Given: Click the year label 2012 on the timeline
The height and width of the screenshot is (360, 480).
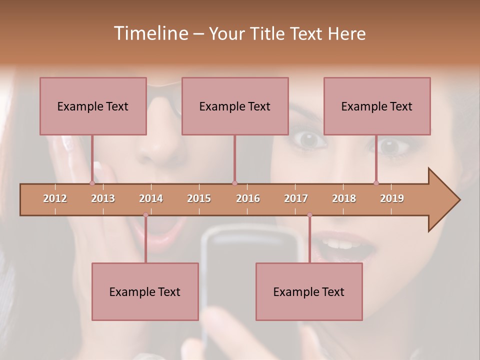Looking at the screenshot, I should pyautogui.click(x=55, y=198).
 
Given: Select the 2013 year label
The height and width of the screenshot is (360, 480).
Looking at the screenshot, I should pyautogui.click(x=103, y=198).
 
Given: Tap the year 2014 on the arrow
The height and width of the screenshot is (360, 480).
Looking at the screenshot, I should pyautogui.click(x=151, y=198).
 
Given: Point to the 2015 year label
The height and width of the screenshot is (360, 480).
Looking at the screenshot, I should pyautogui.click(x=199, y=198).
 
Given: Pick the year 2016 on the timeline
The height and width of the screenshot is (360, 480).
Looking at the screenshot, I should pyautogui.click(x=248, y=198).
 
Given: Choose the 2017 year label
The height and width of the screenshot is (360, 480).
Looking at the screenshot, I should pyautogui.click(x=296, y=198).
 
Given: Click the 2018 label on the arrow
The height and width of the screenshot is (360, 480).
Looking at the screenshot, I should pyautogui.click(x=344, y=198).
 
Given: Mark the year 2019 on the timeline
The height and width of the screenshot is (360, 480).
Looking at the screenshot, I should pyautogui.click(x=392, y=198).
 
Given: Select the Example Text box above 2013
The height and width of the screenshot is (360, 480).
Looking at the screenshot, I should pyautogui.click(x=93, y=106).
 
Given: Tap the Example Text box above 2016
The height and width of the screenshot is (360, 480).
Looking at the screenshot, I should pyautogui.click(x=235, y=106).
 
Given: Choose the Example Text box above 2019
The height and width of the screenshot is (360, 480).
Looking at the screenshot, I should pyautogui.click(x=377, y=106).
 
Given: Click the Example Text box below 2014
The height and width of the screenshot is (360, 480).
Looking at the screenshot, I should pyautogui.click(x=145, y=291).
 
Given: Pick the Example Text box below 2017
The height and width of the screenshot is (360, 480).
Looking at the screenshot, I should pyautogui.click(x=309, y=291).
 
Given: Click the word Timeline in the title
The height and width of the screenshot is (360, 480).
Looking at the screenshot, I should pyautogui.click(x=150, y=33).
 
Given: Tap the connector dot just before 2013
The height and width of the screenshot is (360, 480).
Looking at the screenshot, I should pyautogui.click(x=92, y=183).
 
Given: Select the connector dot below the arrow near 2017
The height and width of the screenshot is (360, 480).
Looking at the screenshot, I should pyautogui.click(x=309, y=215).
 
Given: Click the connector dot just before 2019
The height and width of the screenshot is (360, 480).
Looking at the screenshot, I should pyautogui.click(x=376, y=183).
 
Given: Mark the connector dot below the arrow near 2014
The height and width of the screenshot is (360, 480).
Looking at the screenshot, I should pyautogui.click(x=145, y=215).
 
